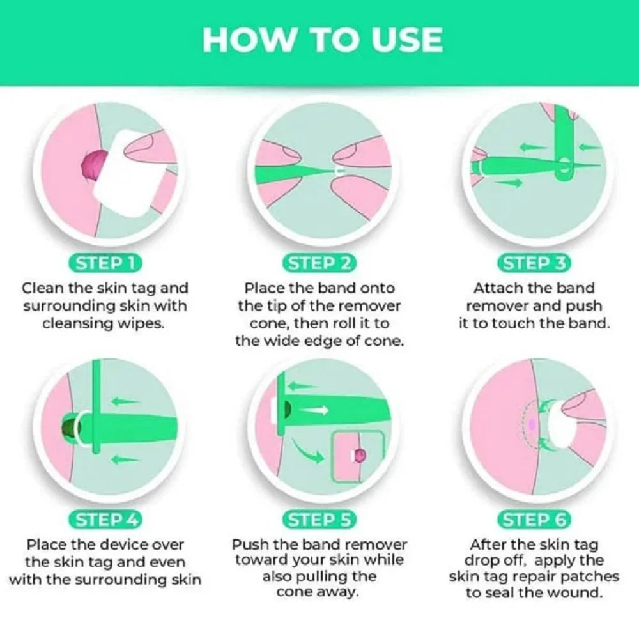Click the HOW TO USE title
(322, 40)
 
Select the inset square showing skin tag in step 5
(358, 455)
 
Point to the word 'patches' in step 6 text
(592, 577)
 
